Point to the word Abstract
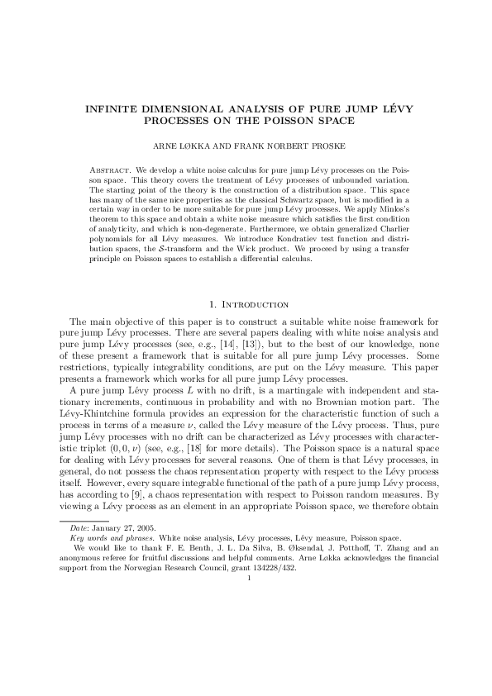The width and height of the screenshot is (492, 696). tap(107, 169)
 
